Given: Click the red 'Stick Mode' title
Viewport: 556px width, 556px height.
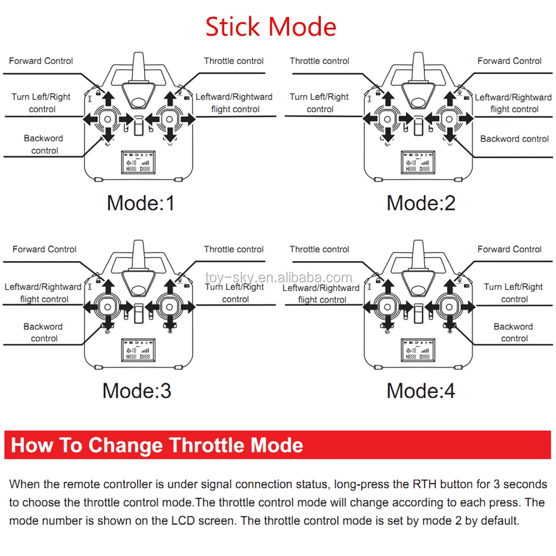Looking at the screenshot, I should (x=271, y=27).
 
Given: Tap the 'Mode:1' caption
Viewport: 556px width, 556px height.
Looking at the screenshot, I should (x=141, y=203).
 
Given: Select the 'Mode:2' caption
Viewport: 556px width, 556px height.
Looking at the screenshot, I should (x=421, y=203).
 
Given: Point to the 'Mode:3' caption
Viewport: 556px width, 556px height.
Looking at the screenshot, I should (x=137, y=391).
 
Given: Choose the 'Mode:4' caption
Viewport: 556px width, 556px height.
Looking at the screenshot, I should (x=421, y=391).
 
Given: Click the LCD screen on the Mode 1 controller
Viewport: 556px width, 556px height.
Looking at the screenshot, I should (x=137, y=162).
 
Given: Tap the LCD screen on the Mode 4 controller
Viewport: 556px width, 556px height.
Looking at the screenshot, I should (x=417, y=350).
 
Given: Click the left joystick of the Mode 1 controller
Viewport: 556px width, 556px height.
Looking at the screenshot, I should (x=107, y=118).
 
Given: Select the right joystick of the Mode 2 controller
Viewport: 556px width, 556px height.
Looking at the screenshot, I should (x=448, y=118).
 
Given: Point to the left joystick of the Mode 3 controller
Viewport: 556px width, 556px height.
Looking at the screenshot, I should (x=107, y=306).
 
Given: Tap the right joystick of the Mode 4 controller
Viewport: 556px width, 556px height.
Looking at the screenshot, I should (x=448, y=306).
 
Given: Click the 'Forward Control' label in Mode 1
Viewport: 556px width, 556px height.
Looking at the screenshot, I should (x=41, y=61).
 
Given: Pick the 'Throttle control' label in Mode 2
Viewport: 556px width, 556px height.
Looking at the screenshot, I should (x=319, y=61).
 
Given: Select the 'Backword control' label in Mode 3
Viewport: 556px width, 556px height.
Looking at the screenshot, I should (x=43, y=332).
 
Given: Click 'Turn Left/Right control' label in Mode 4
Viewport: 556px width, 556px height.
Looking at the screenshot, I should (x=513, y=293).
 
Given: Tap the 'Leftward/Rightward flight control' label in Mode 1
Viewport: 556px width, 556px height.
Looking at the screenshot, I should (x=234, y=103).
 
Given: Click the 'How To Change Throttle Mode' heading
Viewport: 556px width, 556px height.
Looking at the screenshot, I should (x=157, y=445).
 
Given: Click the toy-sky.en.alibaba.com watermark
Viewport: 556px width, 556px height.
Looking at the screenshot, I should (x=278, y=277).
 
